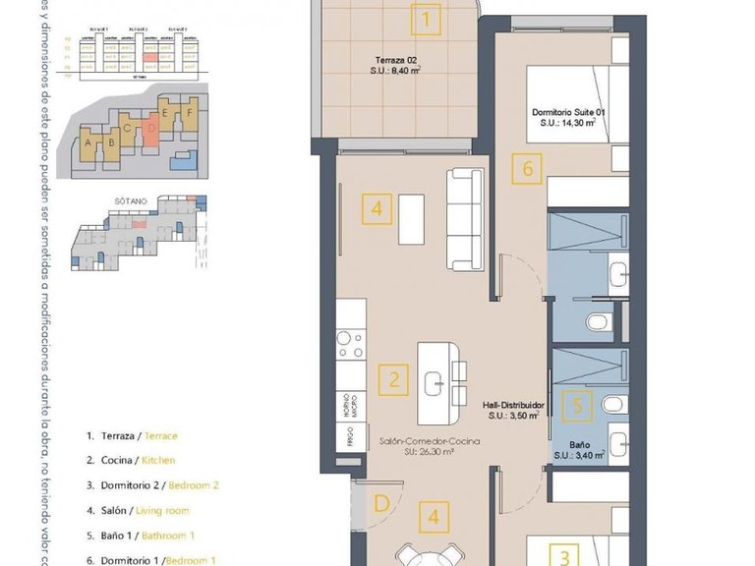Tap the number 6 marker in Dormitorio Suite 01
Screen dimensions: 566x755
pos(527,169)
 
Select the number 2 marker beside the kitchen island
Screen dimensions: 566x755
pos(393,378)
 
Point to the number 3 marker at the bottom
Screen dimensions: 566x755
pos(564,556)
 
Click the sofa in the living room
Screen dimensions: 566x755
pos(462,218)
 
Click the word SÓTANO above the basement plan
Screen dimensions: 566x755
pos(131,199)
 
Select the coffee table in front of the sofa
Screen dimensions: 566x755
pos(411,219)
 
